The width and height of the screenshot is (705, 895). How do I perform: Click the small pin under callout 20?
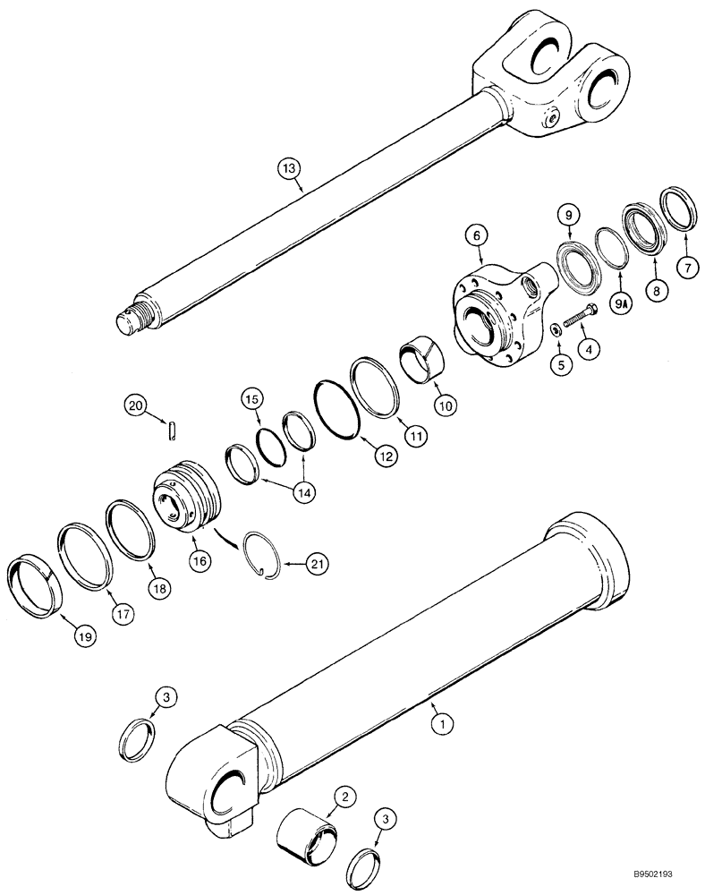point(173,431)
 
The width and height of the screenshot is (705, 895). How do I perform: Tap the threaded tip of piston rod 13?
point(133,319)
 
